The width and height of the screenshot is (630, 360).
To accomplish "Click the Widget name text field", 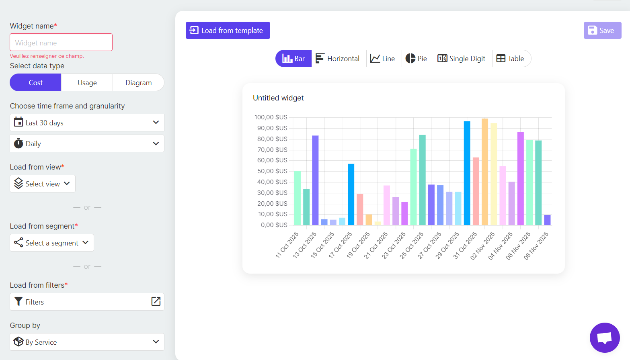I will [61, 43].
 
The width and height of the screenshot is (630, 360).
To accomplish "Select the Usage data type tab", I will [87, 83].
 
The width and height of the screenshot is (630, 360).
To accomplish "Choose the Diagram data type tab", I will [138, 83].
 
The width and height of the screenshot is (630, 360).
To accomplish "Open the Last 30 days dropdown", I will [87, 123].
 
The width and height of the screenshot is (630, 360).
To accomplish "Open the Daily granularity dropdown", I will [87, 143].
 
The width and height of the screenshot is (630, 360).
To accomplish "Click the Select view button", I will [43, 184].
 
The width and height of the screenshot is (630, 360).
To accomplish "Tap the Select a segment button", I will [52, 243].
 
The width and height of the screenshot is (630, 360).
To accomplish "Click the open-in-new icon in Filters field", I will [156, 301].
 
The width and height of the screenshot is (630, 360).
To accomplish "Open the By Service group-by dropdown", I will [87, 342].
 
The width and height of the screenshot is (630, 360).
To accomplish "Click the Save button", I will [602, 31].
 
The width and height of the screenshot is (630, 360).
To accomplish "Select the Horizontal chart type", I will [339, 59].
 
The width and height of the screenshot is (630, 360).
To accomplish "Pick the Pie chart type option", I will [417, 59].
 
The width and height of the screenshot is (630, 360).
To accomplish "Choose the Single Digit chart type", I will [463, 59].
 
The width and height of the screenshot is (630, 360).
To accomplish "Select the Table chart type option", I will [511, 59].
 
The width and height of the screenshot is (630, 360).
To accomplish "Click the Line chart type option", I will [384, 59].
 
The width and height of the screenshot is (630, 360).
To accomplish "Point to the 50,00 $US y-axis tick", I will [272, 171].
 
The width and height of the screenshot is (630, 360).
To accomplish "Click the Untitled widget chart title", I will [278, 98].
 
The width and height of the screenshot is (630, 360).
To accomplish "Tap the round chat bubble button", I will [604, 337].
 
